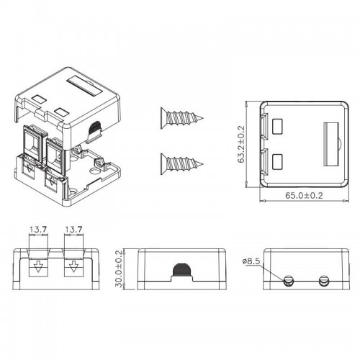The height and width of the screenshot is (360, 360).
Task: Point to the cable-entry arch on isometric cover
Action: pos(92,130)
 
